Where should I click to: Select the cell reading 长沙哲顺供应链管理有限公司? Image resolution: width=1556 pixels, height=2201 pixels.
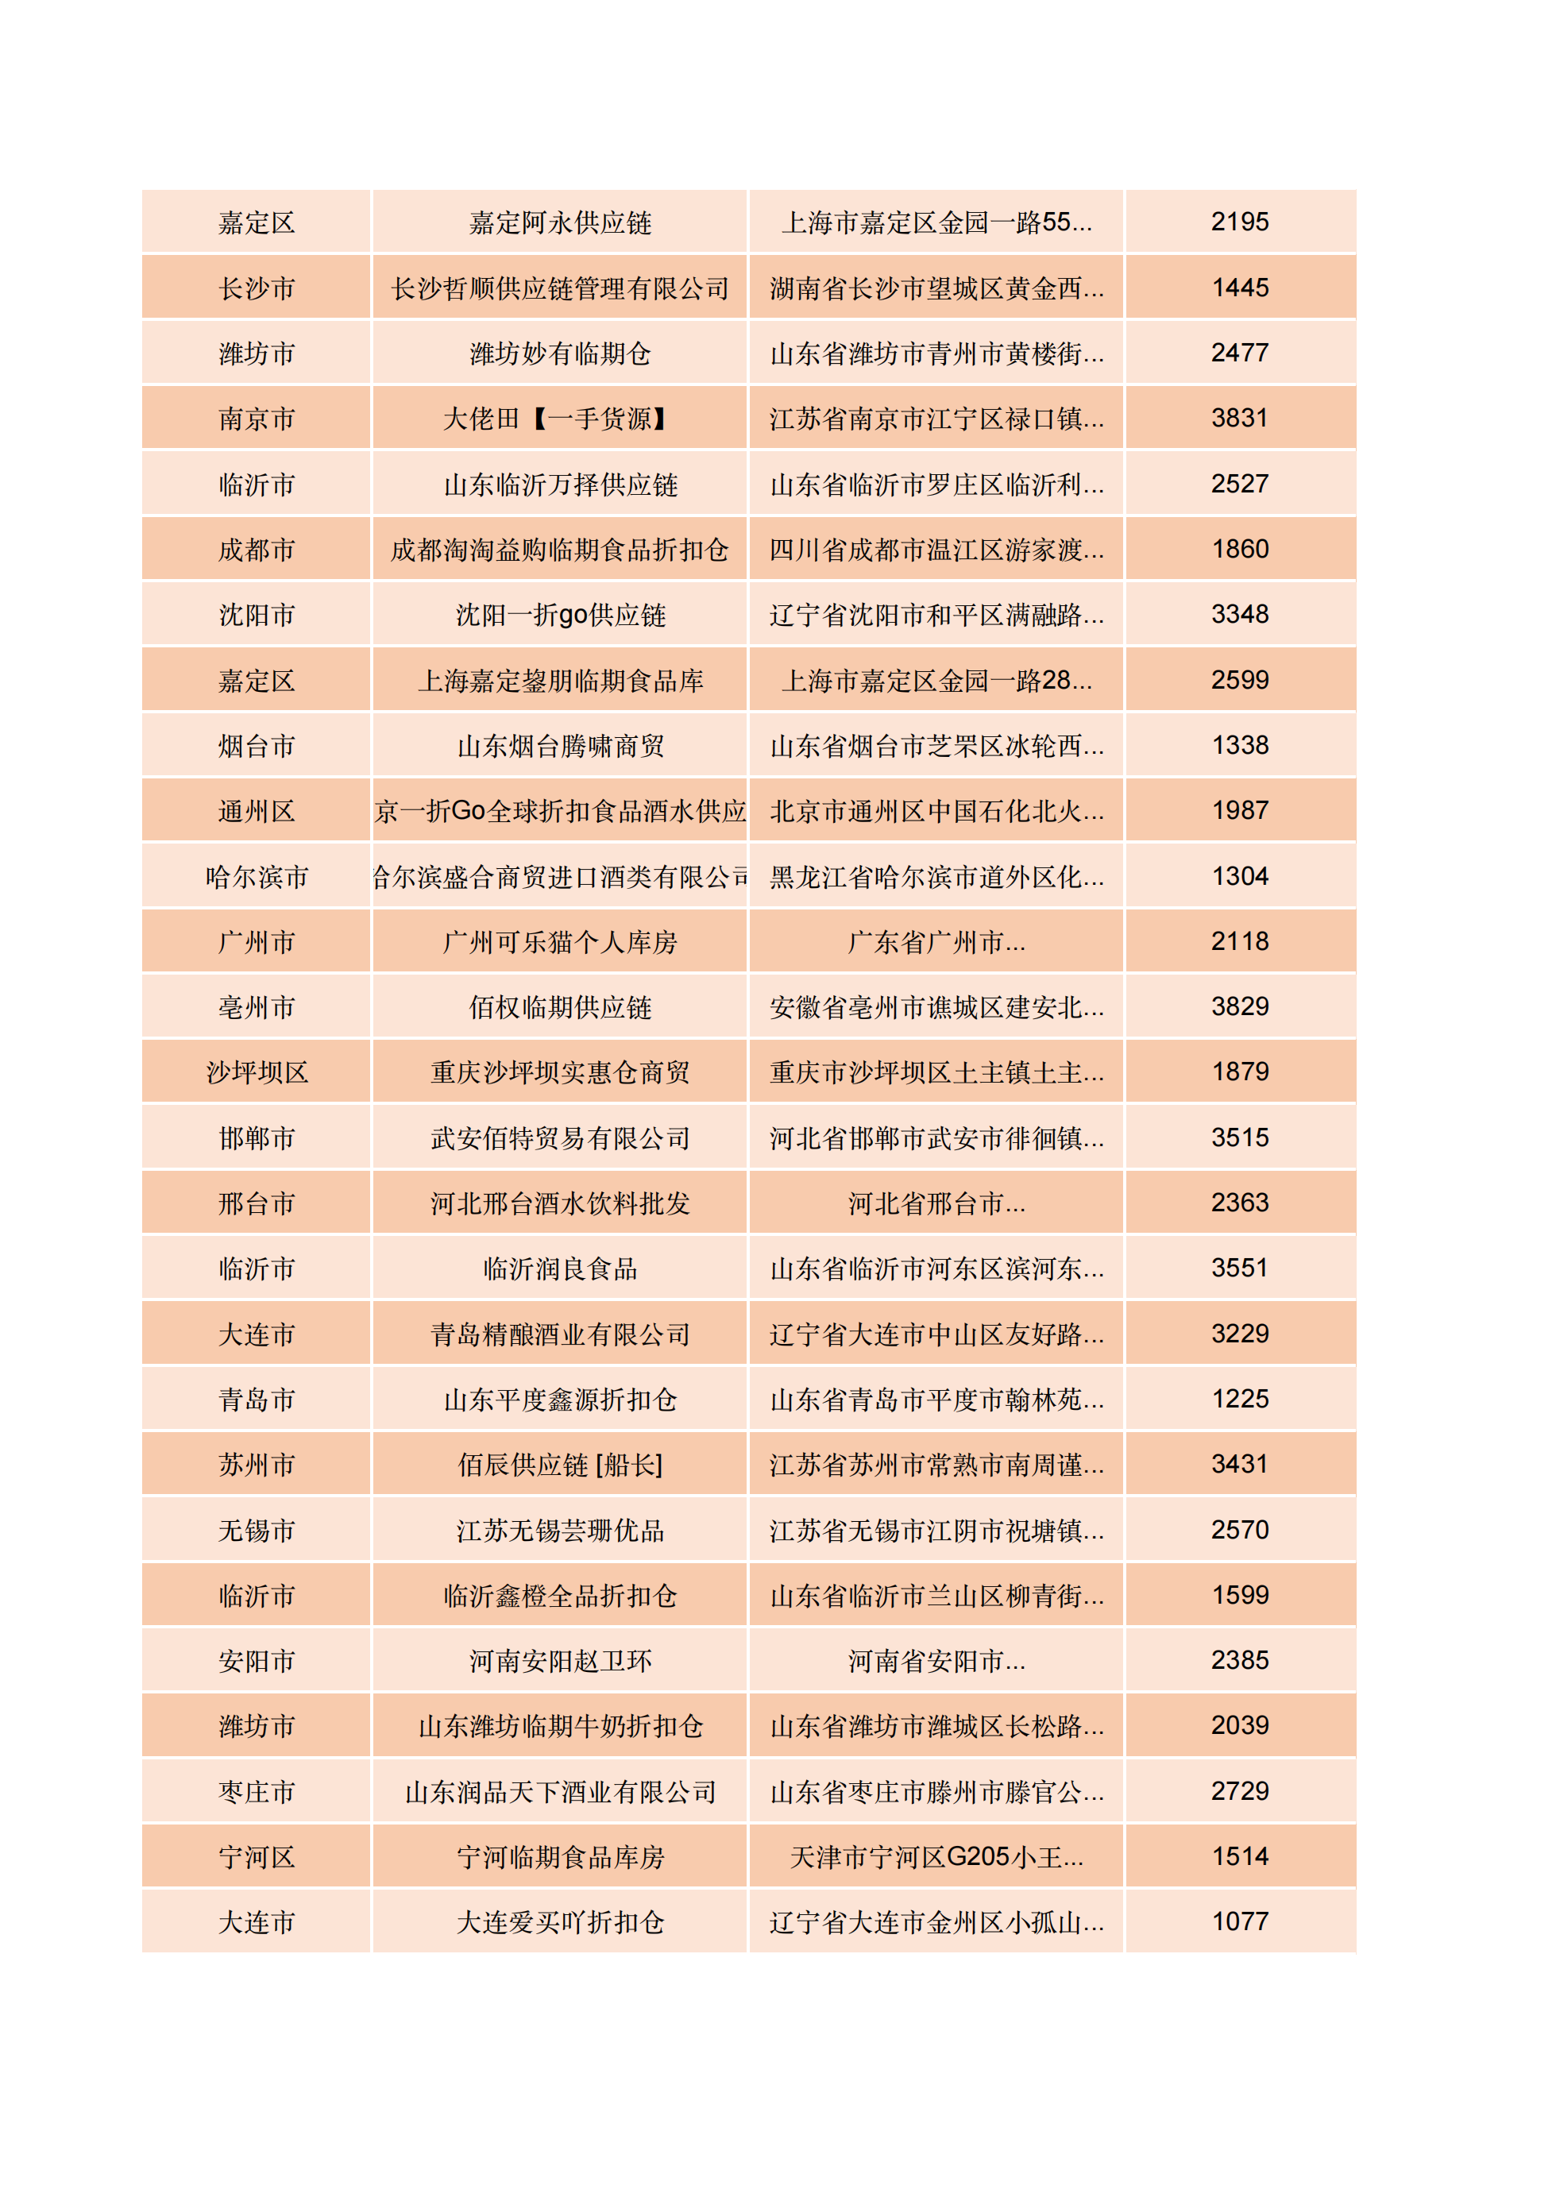560,288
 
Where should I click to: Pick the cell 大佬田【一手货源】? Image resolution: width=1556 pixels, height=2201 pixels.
560,418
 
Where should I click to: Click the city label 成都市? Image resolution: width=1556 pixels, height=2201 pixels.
256,550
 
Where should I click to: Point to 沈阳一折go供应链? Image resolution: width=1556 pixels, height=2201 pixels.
560,615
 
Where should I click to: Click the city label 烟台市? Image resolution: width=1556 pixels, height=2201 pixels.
256,745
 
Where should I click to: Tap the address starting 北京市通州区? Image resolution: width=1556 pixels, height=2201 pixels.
936,811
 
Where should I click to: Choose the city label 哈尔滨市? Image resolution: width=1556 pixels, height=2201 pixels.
256,876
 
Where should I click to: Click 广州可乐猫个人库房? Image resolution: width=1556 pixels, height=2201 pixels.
560,941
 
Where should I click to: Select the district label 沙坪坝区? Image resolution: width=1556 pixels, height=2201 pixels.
256,1072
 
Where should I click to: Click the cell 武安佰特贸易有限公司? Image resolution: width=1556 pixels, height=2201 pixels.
560,1138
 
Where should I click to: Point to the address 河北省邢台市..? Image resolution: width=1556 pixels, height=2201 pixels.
936,1203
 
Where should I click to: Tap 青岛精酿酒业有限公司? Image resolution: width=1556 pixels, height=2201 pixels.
560,1334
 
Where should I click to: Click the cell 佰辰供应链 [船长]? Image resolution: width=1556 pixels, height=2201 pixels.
560,1464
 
